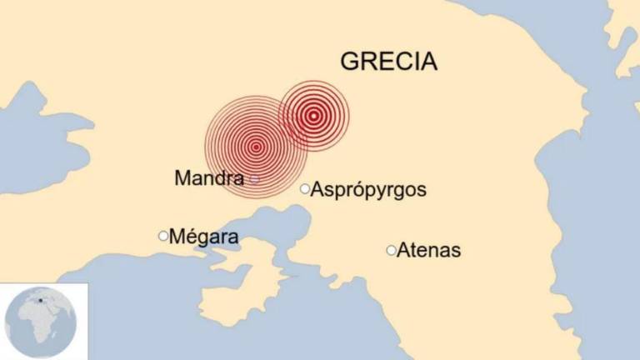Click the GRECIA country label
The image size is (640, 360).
(389, 62)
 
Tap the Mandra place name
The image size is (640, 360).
(209, 177)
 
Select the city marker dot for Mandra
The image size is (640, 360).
(255, 179)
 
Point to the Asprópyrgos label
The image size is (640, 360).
(368, 190)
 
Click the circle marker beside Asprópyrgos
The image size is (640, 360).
(305, 188)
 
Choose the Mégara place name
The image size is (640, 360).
(204, 237)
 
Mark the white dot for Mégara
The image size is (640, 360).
(163, 236)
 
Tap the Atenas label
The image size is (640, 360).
(429, 250)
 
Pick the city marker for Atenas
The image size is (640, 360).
(391, 250)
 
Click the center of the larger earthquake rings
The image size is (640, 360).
(256, 147)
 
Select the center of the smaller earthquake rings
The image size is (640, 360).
(313, 116)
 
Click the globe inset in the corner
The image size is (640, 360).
(41, 322)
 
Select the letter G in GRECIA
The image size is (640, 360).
(349, 62)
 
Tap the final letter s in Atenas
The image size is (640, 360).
(455, 251)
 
